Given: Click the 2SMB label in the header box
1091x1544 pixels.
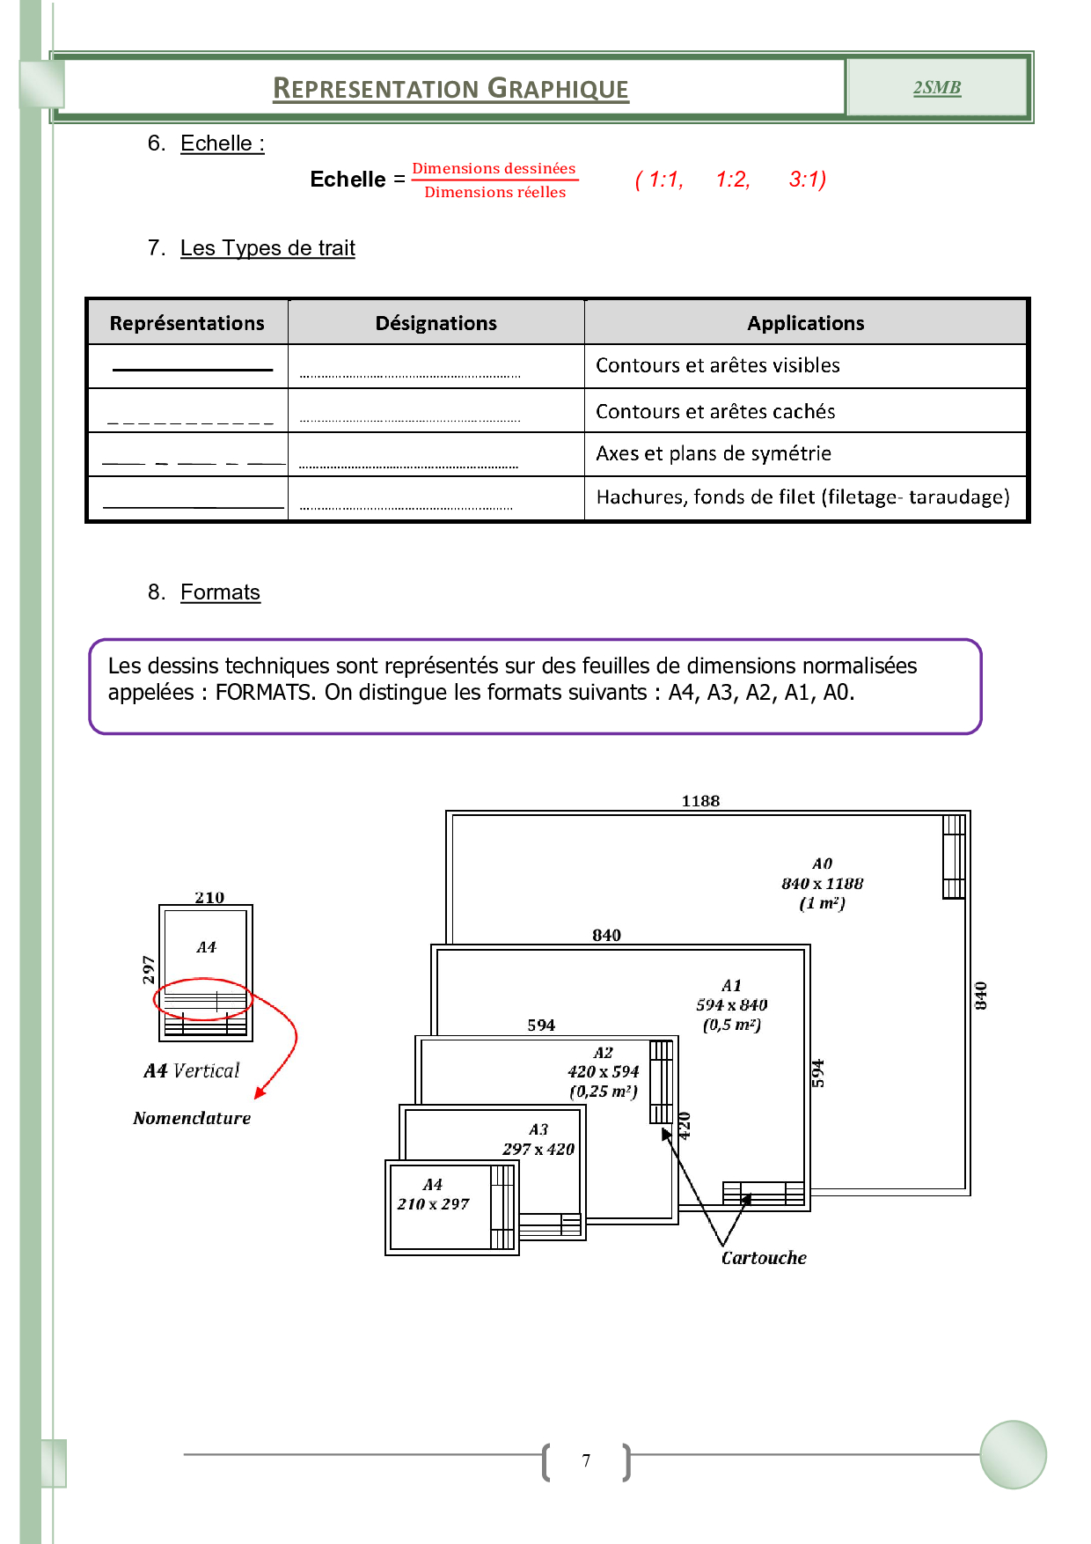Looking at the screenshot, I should tap(936, 88).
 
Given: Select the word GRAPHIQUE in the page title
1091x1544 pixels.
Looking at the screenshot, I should tap(558, 89).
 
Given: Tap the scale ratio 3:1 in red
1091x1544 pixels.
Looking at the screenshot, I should tap(807, 180).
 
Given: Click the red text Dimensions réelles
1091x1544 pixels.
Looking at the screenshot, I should tap(494, 192).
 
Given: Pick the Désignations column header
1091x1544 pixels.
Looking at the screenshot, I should tap(436, 323).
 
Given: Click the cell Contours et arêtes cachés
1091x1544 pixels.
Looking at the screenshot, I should tap(715, 411).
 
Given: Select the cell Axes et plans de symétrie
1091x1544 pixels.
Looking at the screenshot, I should tap(713, 453).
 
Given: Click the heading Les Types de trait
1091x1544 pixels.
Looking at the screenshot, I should tap(267, 248).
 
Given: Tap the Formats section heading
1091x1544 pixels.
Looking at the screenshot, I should tap(220, 592).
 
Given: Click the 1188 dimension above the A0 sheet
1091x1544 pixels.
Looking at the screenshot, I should tap(700, 801).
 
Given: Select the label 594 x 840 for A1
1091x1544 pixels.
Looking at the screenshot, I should tap(731, 1005).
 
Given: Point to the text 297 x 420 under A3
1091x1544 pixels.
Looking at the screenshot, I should tap(538, 1149).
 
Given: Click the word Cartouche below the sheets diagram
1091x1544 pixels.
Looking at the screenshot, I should tap(764, 1258).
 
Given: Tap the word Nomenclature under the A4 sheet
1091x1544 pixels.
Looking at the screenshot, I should tap(192, 1118).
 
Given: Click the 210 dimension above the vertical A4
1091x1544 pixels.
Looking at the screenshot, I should tap(209, 898).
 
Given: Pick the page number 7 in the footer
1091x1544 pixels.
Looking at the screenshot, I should tap(586, 1460).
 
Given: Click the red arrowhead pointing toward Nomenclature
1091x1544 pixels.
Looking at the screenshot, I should tap(260, 1093).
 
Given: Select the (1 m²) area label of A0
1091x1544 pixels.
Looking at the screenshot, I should tap(822, 903).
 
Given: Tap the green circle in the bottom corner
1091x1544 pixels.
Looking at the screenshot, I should tap(1013, 1454).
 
